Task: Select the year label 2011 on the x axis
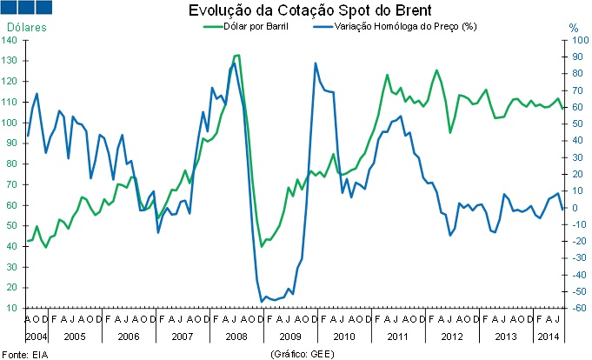coord(396,336)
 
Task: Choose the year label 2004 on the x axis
coord(37,336)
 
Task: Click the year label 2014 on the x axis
coord(548,336)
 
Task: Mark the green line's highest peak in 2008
coord(237,56)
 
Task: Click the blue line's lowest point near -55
coord(262,301)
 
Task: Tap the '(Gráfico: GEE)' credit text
coord(302,353)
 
